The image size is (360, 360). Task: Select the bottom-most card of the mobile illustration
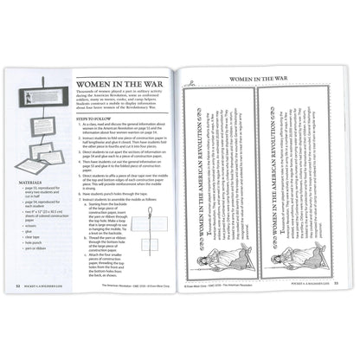click(x=46, y=181)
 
